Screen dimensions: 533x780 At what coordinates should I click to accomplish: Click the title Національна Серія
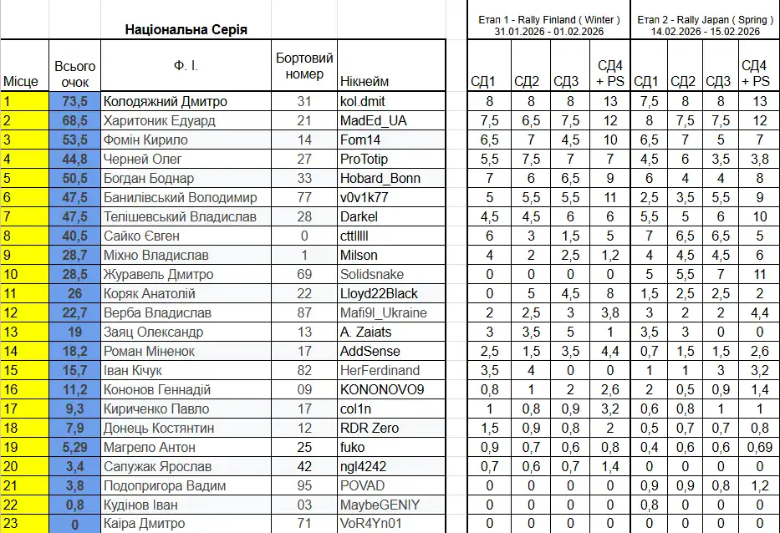(x=186, y=29)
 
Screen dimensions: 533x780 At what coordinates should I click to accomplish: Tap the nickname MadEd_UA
(x=374, y=120)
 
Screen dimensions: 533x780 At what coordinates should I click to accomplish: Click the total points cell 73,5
(x=74, y=101)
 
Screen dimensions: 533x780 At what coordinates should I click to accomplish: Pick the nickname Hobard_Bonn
(x=380, y=178)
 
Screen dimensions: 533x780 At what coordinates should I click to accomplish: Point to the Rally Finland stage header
(x=548, y=25)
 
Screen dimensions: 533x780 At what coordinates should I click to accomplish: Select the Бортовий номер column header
(x=304, y=66)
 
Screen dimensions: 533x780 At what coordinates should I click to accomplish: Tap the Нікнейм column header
(x=365, y=82)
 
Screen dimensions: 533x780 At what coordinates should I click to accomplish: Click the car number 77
(x=304, y=197)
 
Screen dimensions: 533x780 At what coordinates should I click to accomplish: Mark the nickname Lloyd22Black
(x=379, y=293)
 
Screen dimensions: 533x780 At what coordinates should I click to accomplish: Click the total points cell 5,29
(x=74, y=447)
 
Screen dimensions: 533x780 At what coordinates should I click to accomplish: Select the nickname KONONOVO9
(x=382, y=389)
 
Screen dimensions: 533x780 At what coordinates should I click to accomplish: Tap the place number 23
(x=11, y=524)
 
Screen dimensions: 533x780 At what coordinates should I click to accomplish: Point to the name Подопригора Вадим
(x=164, y=485)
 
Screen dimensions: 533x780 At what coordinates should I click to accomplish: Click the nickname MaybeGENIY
(x=380, y=505)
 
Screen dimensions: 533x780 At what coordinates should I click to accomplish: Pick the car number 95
(x=304, y=485)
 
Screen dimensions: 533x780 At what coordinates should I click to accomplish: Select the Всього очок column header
(x=74, y=74)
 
